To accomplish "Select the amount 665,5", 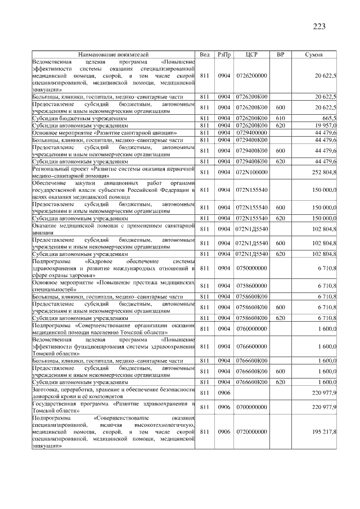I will [328, 118].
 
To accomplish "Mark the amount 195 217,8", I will [325, 431].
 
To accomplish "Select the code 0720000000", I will [251, 431].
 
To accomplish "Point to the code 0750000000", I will [251, 268].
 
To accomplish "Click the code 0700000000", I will [251, 407].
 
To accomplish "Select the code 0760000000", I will [251, 328].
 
